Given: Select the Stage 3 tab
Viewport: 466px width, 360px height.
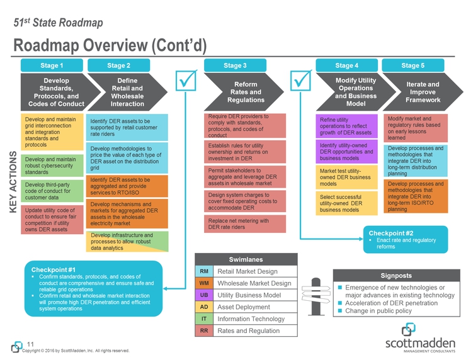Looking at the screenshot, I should click(x=235, y=65).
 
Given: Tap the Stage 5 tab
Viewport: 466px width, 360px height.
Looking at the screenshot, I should click(x=412, y=65).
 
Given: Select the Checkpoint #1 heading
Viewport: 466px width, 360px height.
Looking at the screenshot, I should click(x=59, y=270).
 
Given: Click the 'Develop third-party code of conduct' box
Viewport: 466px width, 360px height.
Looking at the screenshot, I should click(x=52, y=191).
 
